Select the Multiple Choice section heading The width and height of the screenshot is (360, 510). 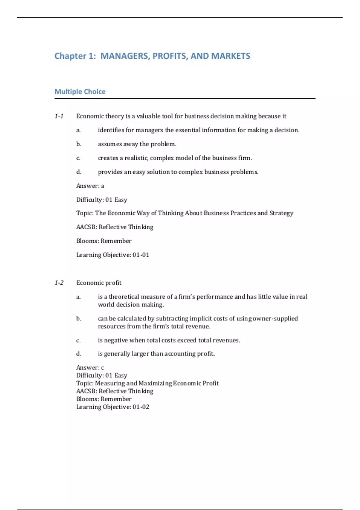(x=80, y=91)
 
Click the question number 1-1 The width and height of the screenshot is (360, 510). (x=59, y=116)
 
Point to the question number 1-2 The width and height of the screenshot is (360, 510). (x=59, y=283)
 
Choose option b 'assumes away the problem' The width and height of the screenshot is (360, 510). (x=137, y=144)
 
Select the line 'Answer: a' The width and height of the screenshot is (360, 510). (x=90, y=186)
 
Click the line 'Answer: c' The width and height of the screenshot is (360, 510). (x=90, y=367)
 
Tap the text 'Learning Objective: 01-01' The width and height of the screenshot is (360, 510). (x=112, y=255)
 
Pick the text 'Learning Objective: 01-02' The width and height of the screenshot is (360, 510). (x=112, y=407)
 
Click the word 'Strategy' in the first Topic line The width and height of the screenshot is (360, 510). (x=281, y=213)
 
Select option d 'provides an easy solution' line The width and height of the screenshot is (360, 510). (x=178, y=172)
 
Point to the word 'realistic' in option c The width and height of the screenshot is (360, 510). (x=136, y=158)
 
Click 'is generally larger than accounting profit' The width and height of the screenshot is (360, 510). (x=156, y=353)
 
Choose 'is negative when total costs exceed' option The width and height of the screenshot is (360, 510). (x=169, y=340)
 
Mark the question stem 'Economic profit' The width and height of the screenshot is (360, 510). (x=99, y=283)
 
